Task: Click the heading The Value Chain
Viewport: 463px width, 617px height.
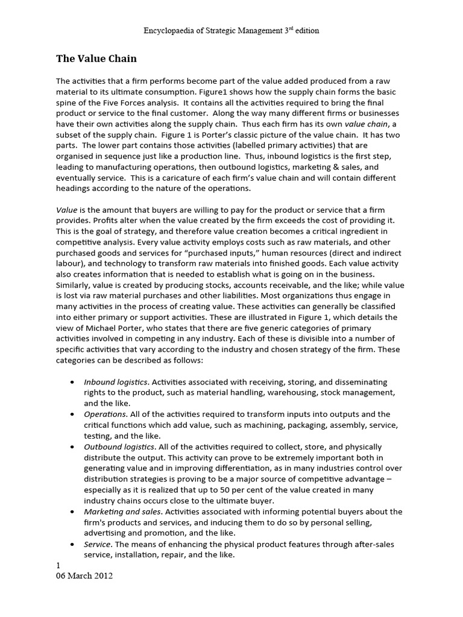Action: point(96,58)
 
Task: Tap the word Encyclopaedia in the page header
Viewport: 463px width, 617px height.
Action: point(169,31)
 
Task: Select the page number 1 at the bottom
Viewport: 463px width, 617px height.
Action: point(58,566)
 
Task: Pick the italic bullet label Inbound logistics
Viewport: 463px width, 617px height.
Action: point(116,383)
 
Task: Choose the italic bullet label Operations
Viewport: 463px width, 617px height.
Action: point(106,415)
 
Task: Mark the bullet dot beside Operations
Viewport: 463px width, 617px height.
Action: point(73,415)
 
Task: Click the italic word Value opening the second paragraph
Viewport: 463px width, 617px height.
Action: point(66,210)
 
